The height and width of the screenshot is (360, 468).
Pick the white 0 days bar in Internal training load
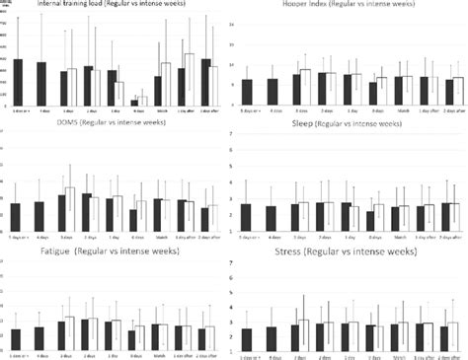coord(143,101)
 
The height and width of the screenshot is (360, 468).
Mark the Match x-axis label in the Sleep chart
coord(400,238)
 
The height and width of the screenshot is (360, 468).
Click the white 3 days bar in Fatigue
coord(70,334)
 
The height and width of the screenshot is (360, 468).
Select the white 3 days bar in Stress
coord(305,335)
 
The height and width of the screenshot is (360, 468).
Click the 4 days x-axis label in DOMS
coord(39,238)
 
